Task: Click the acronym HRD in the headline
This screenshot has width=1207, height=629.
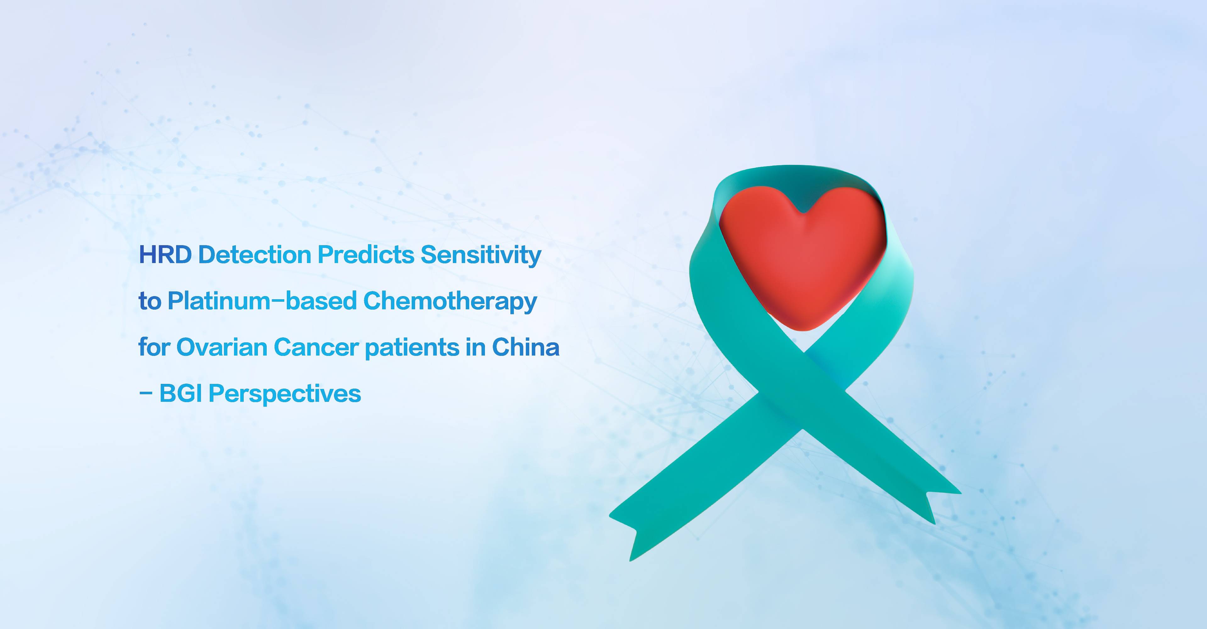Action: (165, 255)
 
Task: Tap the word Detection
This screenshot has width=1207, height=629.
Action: (255, 255)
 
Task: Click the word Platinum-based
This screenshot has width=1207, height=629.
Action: (262, 301)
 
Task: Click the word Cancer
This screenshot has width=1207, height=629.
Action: (316, 347)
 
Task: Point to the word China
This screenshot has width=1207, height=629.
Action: (526, 347)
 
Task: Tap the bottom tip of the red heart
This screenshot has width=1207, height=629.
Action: (803, 330)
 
